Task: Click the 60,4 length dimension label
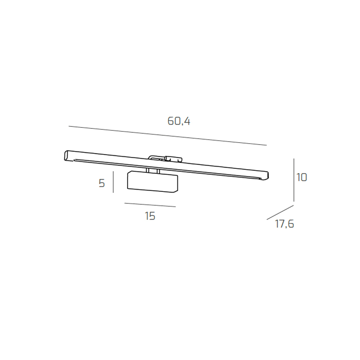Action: pyautogui.click(x=179, y=121)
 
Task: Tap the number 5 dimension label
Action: pyautogui.click(x=102, y=183)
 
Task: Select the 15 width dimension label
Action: pyautogui.click(x=150, y=216)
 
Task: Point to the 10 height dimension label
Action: pyautogui.click(x=302, y=177)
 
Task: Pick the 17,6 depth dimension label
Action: pyautogui.click(x=284, y=224)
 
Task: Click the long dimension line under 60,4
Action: pyautogui.click(x=167, y=136)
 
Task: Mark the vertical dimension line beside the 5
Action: pyautogui.click(x=113, y=182)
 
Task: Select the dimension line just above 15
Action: pyautogui.click(x=150, y=205)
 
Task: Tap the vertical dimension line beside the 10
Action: pyautogui.click(x=294, y=180)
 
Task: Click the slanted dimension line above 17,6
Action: pyautogui.click(x=280, y=212)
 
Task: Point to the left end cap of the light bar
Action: pyautogui.click(x=67, y=155)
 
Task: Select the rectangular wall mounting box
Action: pyautogui.click(x=151, y=182)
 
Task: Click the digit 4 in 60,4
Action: pyautogui.click(x=186, y=121)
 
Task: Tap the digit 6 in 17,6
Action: pyautogui.click(x=291, y=224)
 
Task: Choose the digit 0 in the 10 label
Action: pyautogui.click(x=304, y=177)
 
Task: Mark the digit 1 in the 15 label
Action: pyautogui.click(x=147, y=216)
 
